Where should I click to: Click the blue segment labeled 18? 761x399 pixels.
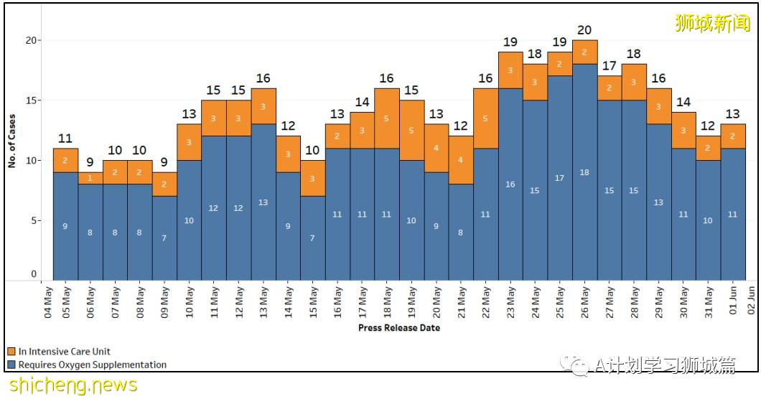[x=584, y=172]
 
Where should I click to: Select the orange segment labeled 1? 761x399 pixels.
[x=90, y=178]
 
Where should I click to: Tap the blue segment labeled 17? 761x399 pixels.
[x=559, y=178]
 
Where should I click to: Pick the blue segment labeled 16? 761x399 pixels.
[x=510, y=184]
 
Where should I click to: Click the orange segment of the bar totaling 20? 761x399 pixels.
[x=584, y=52]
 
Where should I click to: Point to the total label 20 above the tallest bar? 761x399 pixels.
[x=584, y=30]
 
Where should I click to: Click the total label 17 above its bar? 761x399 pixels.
[x=609, y=66]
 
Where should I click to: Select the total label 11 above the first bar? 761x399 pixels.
[x=65, y=139]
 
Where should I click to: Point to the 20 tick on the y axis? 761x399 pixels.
[x=32, y=40]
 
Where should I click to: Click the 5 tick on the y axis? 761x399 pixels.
[x=34, y=220]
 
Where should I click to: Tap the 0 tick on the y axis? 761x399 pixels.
[x=34, y=274]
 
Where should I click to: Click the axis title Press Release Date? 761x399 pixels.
[x=399, y=328]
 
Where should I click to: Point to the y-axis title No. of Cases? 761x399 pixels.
[x=11, y=140]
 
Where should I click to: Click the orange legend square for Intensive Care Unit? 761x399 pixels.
[x=11, y=352]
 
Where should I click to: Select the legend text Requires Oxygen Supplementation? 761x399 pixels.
[x=93, y=365]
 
